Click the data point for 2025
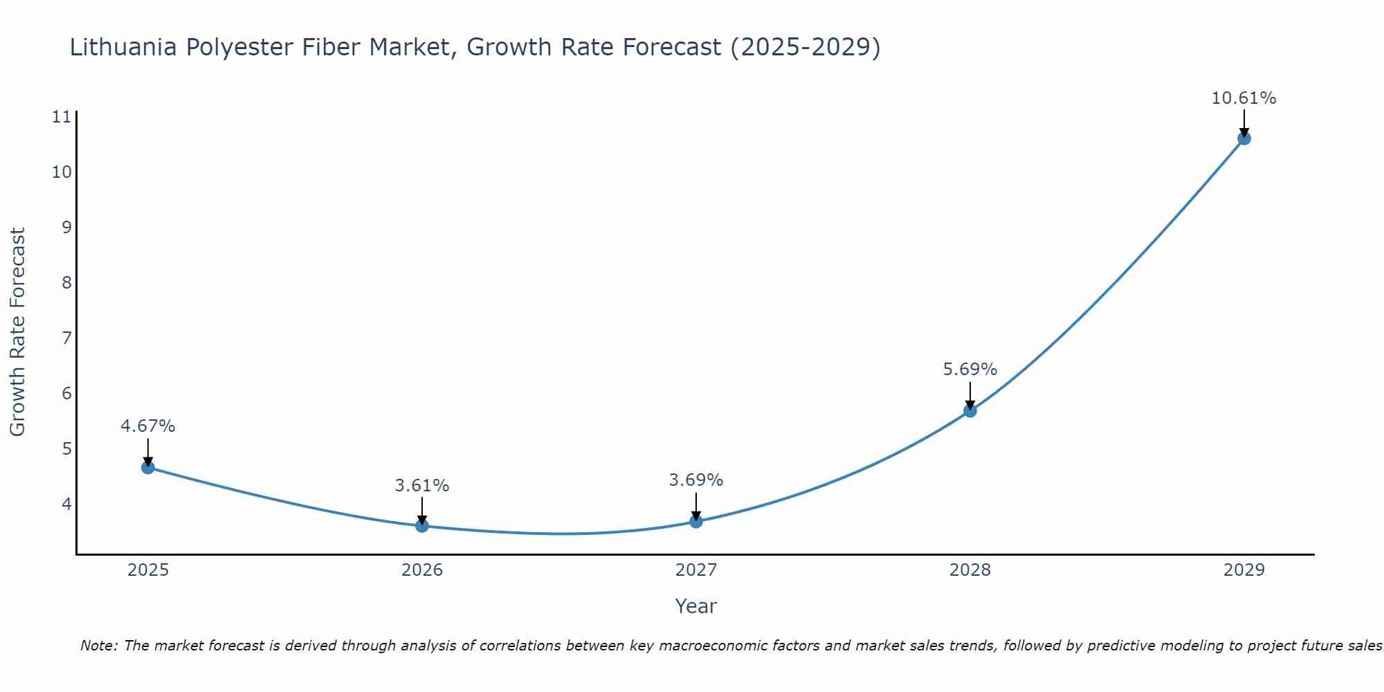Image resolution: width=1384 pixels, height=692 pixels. (148, 467)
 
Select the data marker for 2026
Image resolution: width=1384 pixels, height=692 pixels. (422, 526)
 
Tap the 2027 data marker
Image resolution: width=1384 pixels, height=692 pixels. (696, 521)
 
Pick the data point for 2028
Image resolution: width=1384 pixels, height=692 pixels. (970, 410)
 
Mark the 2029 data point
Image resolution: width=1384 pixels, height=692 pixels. (1244, 138)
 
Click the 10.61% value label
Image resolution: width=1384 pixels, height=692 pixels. (1244, 98)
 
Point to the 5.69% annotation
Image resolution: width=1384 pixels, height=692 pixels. (970, 370)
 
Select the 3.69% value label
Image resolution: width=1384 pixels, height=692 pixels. (696, 480)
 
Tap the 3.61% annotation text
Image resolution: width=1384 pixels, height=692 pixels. (422, 486)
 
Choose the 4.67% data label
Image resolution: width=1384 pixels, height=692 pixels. (148, 426)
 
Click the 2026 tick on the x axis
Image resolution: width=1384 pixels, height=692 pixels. (422, 570)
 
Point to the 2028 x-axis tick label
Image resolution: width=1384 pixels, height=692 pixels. (970, 570)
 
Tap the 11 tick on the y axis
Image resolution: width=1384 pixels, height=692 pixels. (62, 117)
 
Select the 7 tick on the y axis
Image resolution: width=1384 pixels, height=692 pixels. (66, 338)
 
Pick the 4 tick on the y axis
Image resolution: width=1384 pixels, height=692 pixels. (66, 504)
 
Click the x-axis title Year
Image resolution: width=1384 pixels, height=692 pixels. (696, 606)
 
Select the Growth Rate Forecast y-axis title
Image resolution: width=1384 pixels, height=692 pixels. (18, 332)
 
